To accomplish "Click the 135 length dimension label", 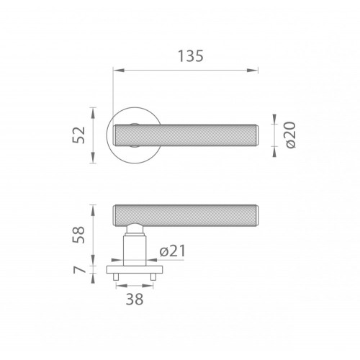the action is point(191,56).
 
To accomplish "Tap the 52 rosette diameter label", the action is point(79,135).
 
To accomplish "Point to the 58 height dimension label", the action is point(79,235).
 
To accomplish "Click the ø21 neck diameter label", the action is point(173,251).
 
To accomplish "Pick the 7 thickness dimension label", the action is point(79,270).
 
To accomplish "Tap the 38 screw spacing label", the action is point(135,299).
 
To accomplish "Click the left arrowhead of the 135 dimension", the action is point(119,71).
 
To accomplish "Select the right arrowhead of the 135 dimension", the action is point(253,71).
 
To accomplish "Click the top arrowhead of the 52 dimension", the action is point(94,113).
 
